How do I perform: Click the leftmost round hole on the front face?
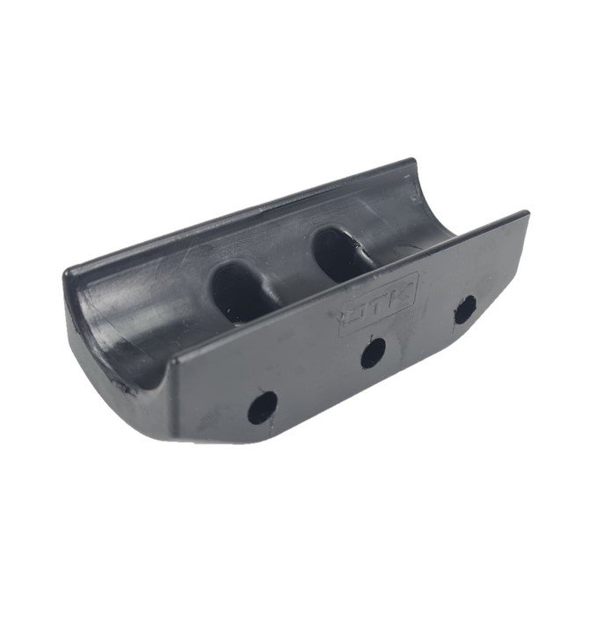[262, 407]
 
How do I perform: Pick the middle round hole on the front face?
[373, 353]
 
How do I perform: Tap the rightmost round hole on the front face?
[463, 309]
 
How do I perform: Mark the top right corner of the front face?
[527, 214]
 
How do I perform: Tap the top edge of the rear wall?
[237, 215]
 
